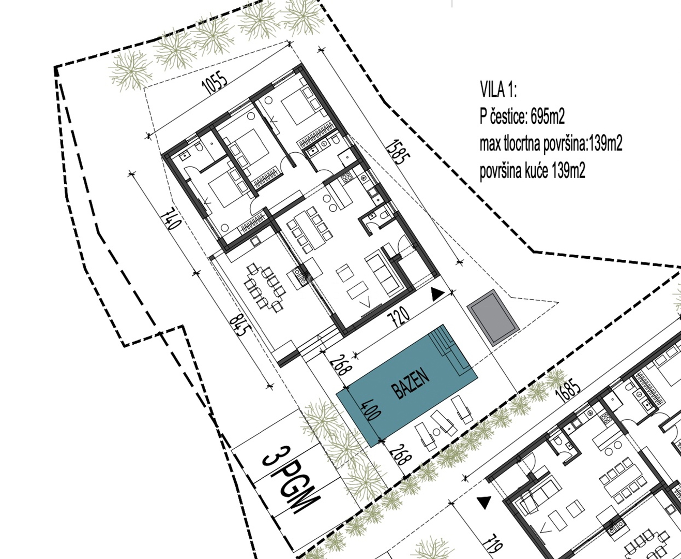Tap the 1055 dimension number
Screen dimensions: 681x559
(x=215, y=85)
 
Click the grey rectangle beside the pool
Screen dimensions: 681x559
(x=493, y=318)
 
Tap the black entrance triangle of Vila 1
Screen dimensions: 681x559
(x=438, y=295)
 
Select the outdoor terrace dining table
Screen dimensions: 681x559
(x=265, y=288)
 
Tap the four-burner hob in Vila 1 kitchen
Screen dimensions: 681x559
(x=347, y=177)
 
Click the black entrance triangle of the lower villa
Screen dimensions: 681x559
(x=483, y=503)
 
